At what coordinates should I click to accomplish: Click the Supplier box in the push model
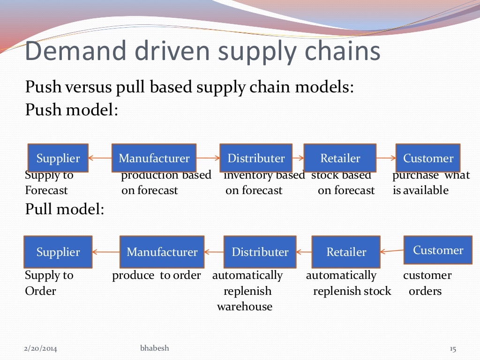[x=58, y=158]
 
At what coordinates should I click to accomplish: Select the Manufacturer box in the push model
[x=154, y=158]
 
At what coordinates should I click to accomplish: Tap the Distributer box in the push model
[x=256, y=158]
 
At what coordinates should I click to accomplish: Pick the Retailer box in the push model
[x=340, y=158]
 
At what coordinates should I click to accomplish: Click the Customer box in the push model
[x=428, y=158]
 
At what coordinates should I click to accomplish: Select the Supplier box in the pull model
[x=58, y=252]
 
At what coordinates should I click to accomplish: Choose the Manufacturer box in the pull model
[x=162, y=252]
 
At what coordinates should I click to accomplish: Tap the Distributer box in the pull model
[x=260, y=252]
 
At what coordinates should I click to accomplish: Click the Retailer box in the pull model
[x=346, y=252]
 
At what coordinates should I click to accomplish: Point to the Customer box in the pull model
[x=438, y=250]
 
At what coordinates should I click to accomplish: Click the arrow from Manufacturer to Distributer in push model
[x=208, y=158]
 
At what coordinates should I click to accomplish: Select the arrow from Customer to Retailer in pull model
[x=392, y=251]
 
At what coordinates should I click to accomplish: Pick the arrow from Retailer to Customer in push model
[x=386, y=158]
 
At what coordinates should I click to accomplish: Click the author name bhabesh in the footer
[x=155, y=348]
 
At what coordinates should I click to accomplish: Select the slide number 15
[x=452, y=349]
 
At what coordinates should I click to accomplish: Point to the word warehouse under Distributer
[x=244, y=307]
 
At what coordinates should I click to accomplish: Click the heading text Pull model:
[x=64, y=209]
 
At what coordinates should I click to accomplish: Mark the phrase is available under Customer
[x=420, y=190]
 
